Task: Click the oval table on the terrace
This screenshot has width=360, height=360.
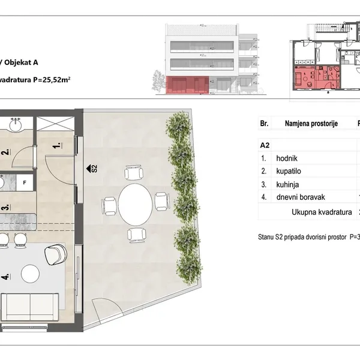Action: pos(135,205)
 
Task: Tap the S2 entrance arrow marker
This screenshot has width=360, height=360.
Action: pos(92,169)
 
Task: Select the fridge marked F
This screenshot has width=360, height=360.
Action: pos(25,182)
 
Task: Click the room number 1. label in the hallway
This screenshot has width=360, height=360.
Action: pos(58,145)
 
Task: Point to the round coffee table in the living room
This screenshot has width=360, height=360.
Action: pos(30,274)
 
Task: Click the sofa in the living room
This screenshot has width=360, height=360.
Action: pos(30,307)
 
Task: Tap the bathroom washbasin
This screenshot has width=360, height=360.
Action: pos(16,125)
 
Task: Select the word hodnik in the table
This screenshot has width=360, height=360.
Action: pos(287,158)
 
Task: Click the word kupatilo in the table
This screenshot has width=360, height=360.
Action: pos(289,171)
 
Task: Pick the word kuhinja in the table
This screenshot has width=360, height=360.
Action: pos(287,184)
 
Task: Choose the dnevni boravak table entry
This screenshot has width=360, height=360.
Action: pos(301,197)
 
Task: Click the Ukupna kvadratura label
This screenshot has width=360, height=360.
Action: pos(322,212)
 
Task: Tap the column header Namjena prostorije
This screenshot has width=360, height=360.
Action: pos(311,123)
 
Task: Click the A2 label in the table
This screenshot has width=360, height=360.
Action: pos(265,145)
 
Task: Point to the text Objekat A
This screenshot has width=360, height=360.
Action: pos(21,62)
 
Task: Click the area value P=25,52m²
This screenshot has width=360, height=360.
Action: pos(52,80)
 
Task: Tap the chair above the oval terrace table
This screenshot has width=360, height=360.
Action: pos(134,173)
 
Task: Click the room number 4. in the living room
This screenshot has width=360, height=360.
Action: pos(6,276)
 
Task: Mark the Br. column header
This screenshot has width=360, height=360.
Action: pos(264,123)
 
